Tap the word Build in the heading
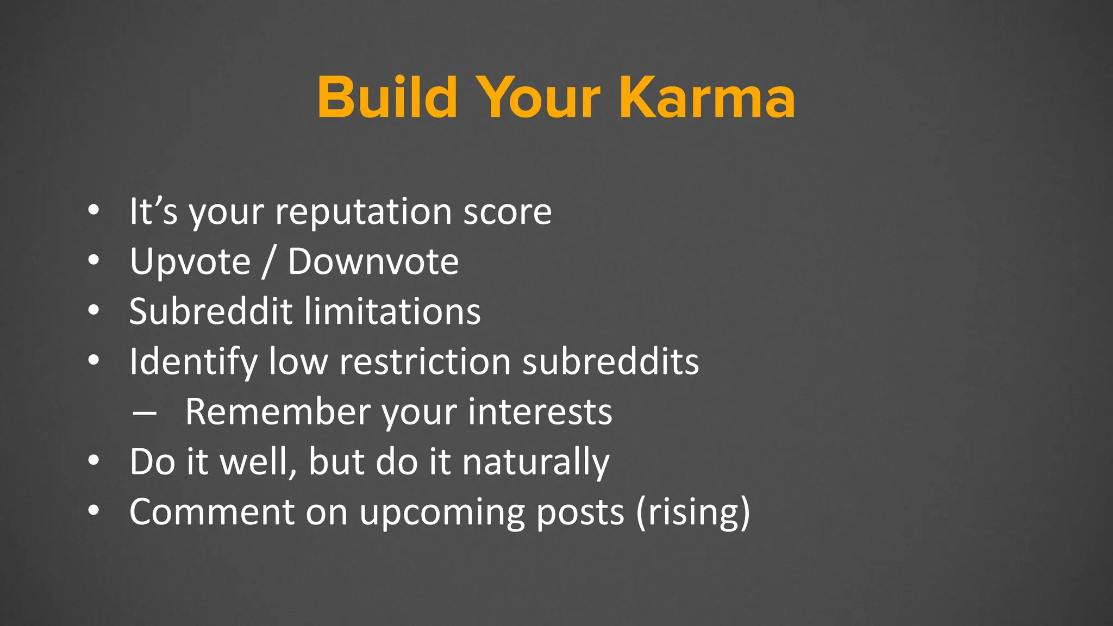tap(387, 98)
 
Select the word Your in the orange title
tap(538, 98)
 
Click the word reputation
tap(363, 212)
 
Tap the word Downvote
tap(373, 262)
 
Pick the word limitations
tap(392, 312)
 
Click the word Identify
tap(193, 362)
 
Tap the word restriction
tap(424, 362)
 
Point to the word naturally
tap(535, 462)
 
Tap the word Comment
tap(212, 512)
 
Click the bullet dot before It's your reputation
tap(93, 210)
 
